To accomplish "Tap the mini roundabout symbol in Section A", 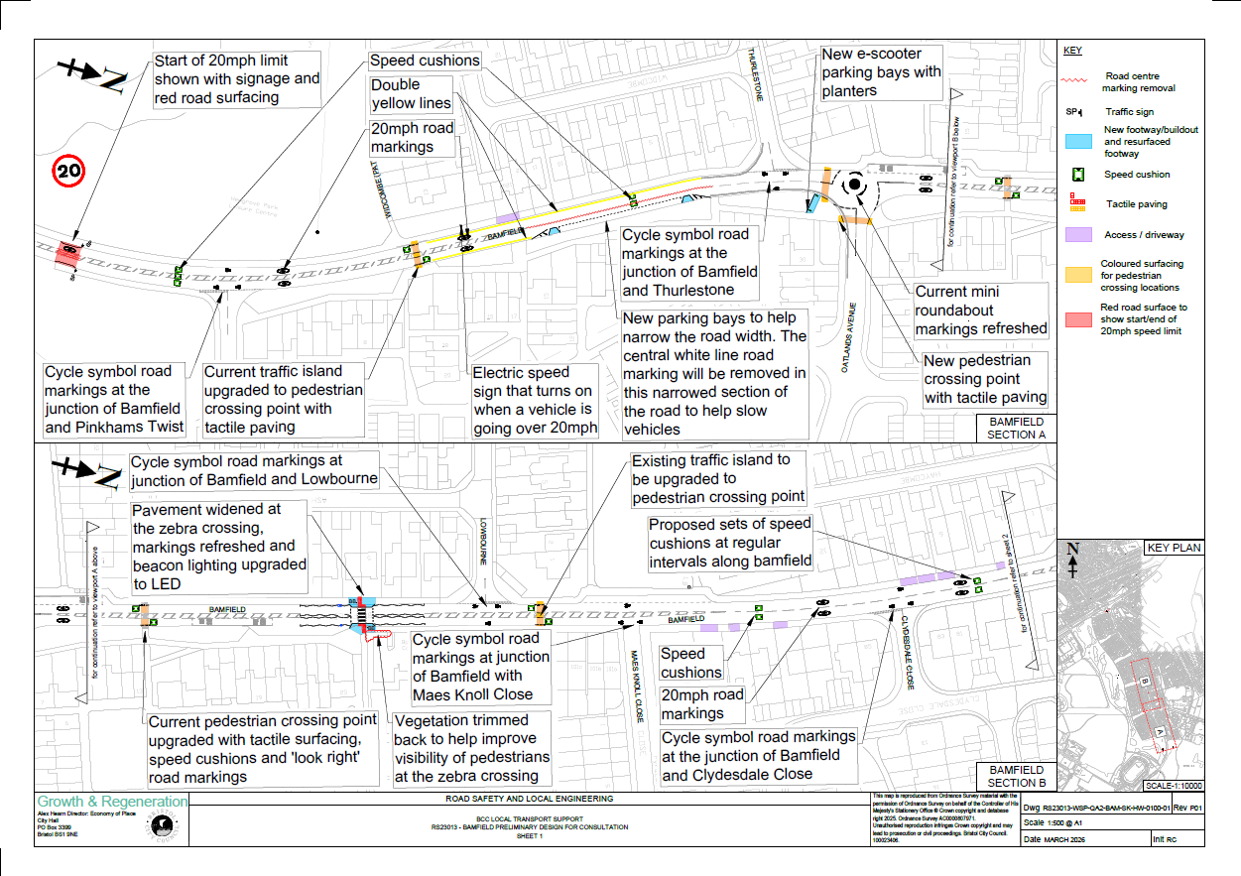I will [x=853, y=184].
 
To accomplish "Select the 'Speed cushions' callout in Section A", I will [x=425, y=61].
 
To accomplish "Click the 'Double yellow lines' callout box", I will [x=411, y=93].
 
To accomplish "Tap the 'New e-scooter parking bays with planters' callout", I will [x=881, y=71].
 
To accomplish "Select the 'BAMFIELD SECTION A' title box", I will [x=1010, y=428].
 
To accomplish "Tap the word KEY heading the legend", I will [x=1072, y=51].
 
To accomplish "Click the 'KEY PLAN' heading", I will [x=1173, y=548].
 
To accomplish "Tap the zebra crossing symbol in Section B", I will [x=363, y=618].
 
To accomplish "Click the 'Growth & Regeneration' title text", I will [x=111, y=802].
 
